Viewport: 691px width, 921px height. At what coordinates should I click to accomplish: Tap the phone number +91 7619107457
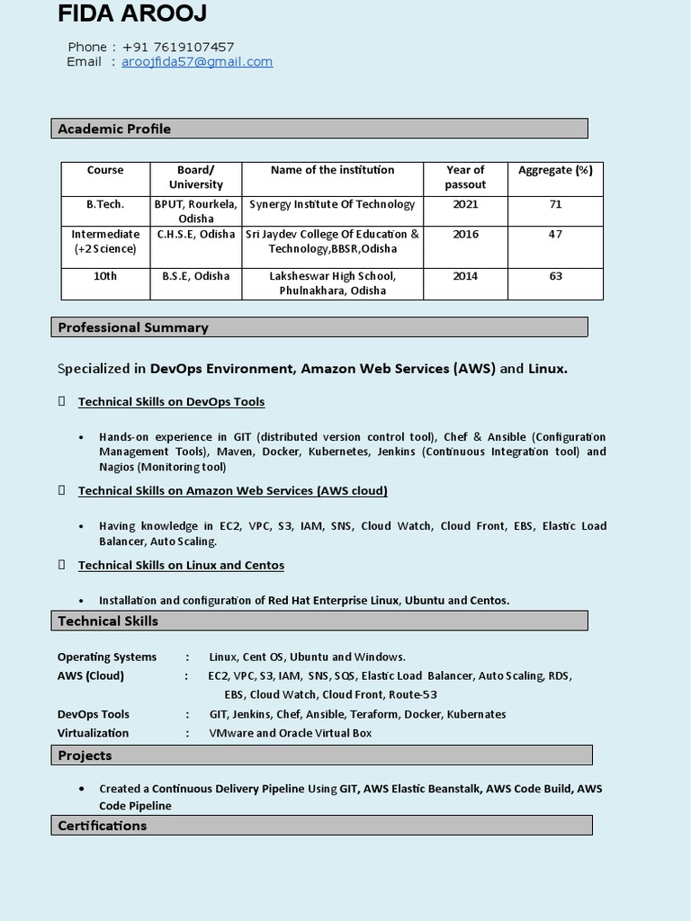click(178, 47)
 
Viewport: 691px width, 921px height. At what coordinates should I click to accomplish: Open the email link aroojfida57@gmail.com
click(197, 61)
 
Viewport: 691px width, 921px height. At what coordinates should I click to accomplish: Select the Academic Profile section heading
click(114, 129)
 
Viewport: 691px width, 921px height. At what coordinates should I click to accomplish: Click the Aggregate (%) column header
click(555, 170)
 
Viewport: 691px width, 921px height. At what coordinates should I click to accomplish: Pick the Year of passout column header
click(465, 177)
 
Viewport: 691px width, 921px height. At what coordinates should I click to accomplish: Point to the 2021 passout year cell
click(465, 204)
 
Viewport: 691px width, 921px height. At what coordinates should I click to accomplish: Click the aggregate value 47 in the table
click(555, 235)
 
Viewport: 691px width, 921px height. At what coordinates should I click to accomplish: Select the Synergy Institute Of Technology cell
click(332, 204)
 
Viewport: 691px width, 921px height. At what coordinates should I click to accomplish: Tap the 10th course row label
click(105, 276)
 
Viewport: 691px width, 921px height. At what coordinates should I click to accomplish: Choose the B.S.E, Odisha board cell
click(195, 276)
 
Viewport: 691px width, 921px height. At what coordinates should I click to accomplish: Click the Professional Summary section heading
click(133, 327)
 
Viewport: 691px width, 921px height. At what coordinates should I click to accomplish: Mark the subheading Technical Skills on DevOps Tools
click(171, 401)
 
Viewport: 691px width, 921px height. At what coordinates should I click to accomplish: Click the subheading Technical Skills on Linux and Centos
click(181, 565)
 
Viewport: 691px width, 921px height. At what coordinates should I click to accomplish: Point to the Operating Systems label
click(107, 657)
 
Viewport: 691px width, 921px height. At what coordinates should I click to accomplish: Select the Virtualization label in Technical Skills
click(93, 733)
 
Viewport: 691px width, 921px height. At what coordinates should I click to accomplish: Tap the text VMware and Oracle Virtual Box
click(290, 733)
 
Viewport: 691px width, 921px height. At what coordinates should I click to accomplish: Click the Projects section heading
click(85, 756)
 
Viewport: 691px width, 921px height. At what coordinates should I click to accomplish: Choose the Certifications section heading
click(102, 826)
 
